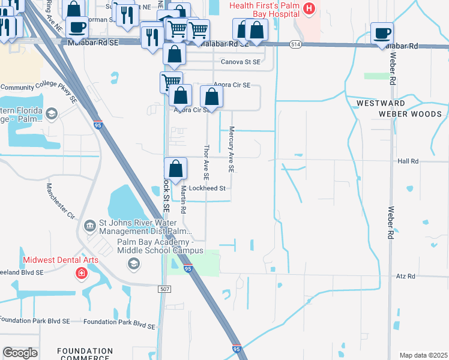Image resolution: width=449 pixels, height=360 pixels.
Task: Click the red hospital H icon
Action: pos(309,8)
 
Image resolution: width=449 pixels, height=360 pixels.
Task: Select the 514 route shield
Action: pos(295,44)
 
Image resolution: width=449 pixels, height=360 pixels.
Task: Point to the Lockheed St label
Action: pos(206,188)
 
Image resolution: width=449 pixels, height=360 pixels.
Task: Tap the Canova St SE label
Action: pos(241,62)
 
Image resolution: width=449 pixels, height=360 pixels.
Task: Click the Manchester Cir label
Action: pos(59,200)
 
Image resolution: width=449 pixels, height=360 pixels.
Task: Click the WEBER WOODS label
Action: pos(410,114)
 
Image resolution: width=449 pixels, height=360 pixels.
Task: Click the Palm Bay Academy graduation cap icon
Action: pos(134,263)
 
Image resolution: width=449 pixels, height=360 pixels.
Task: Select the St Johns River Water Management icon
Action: pos(90,226)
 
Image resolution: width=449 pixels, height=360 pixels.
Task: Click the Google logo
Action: pos(20,353)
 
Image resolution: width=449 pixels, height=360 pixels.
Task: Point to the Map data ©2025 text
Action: pos(423,355)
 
